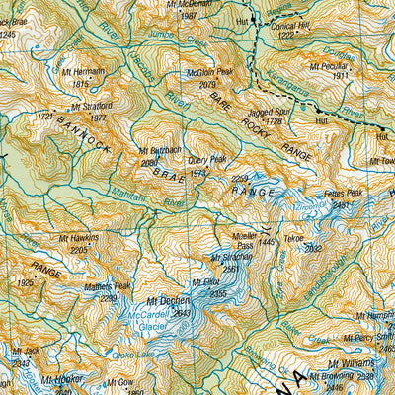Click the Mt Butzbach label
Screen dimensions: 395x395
[160, 151]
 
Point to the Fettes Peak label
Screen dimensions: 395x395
[342, 194]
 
